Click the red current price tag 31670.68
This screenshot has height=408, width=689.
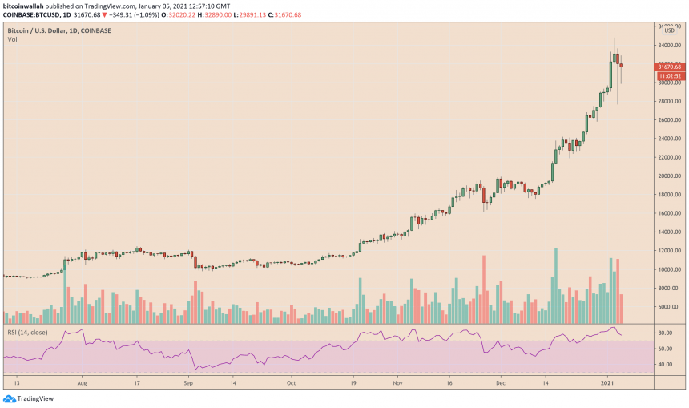669,67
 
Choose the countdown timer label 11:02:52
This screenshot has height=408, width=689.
669,75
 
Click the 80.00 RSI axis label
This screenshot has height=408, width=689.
664,332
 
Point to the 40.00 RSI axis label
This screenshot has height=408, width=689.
664,365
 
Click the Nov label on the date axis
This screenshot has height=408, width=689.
398,383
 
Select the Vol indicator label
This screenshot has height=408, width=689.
12,40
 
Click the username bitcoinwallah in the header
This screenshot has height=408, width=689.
23,6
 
